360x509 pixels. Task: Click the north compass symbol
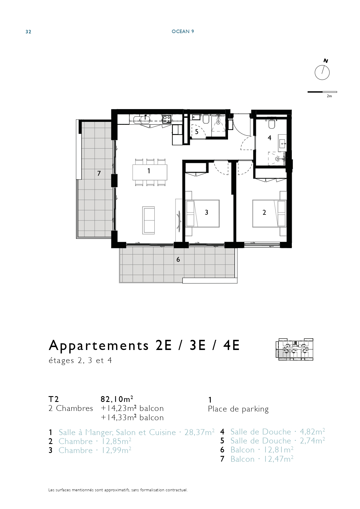coord(322,72)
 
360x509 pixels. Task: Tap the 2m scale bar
coord(322,92)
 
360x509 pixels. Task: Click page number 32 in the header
coord(28,32)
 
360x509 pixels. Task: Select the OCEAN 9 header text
coord(183,31)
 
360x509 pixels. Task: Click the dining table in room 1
coord(150,172)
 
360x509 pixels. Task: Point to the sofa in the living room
coord(149,220)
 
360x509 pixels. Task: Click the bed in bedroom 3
coord(202,213)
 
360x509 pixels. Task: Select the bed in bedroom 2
coord(269,213)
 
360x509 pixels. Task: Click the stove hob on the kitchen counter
coord(167,119)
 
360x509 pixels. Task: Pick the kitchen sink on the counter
coord(145,120)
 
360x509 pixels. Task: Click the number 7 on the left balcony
coord(99,174)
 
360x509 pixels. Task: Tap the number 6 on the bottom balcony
coord(178,259)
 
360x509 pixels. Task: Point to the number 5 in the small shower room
coord(197,132)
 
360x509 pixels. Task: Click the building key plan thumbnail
coord(294,349)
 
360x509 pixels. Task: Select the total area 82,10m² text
coord(117,399)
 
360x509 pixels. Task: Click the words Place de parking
coord(238,409)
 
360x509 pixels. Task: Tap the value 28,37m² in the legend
coord(200,432)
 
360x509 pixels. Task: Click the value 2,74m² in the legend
coord(312,441)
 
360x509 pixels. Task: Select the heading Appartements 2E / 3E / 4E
coord(144,345)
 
